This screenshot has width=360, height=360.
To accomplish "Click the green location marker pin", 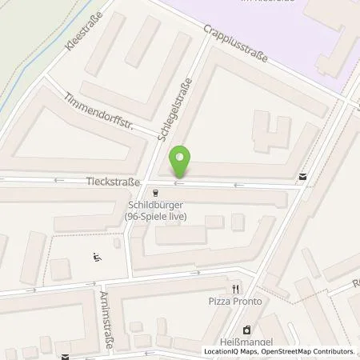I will click(182, 163).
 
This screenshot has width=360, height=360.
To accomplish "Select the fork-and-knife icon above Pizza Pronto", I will click(235, 289).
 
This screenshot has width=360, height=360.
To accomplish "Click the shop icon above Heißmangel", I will click(246, 328).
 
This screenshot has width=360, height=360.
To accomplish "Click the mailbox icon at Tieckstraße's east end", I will click(302, 176).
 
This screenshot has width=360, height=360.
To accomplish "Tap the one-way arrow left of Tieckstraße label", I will click(58, 182).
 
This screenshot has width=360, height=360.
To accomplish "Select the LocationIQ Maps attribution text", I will click(231, 351).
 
